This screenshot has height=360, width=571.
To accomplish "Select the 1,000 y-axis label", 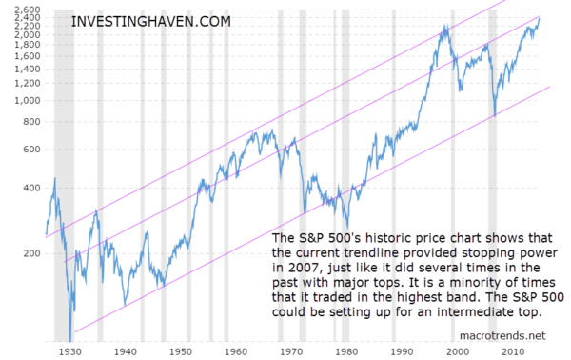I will [x=27, y=100].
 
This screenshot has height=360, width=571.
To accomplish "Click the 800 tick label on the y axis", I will [x=31, y=122].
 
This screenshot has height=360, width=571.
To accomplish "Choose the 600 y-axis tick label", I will [x=31, y=150].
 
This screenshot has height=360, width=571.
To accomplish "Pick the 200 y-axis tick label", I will [x=31, y=254].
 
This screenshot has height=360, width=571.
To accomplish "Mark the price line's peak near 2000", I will [x=444, y=27].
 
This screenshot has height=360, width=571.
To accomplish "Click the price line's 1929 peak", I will [x=54, y=179].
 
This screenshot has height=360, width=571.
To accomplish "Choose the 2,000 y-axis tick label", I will [x=27, y=34].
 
